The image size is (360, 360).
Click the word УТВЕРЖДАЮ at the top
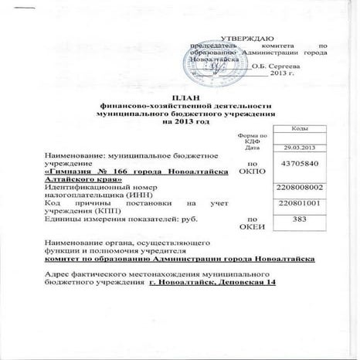click(245, 38)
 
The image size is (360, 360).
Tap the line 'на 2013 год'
click(181, 121)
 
